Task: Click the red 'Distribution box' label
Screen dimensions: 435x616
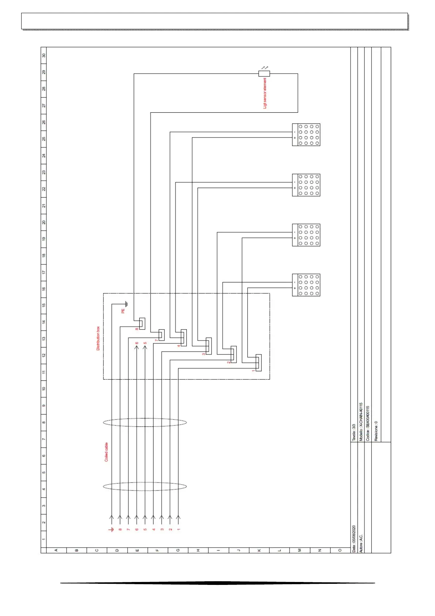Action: [x=98, y=338]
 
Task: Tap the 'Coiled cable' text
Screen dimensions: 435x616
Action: [x=106, y=452]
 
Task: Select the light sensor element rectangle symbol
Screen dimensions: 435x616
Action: [x=264, y=74]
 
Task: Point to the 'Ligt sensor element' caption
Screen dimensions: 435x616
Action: [x=265, y=93]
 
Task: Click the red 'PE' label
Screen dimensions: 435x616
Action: [x=123, y=311]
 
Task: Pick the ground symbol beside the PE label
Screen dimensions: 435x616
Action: [x=126, y=304]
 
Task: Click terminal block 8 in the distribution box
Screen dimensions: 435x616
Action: [x=142, y=323]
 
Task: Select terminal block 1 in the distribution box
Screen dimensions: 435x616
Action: [x=258, y=363]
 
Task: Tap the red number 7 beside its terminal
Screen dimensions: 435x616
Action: [x=156, y=340]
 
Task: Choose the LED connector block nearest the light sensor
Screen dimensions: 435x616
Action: [x=306, y=135]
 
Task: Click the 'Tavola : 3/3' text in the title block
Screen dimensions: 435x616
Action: [x=353, y=432]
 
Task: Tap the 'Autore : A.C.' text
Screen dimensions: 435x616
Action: [x=361, y=543]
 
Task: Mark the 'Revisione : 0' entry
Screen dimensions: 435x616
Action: [x=376, y=431]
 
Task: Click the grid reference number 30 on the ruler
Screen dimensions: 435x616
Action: [x=44, y=56]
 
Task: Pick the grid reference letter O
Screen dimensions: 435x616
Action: [x=340, y=550]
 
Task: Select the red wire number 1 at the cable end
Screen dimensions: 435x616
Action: [x=178, y=529]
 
